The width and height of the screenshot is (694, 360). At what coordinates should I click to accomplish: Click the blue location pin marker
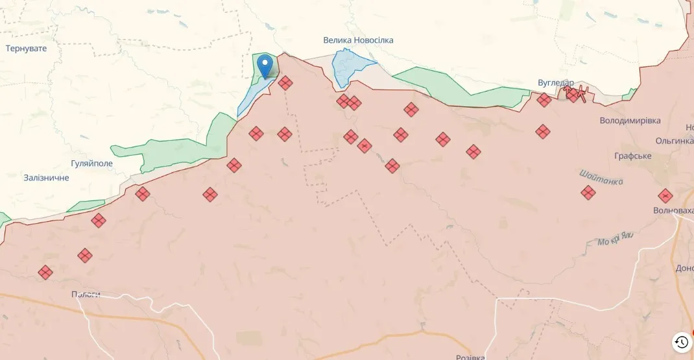click(x=265, y=66)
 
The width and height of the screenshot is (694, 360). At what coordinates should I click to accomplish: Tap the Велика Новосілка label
click(x=358, y=40)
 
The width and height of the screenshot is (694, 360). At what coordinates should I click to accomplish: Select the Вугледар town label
click(x=555, y=83)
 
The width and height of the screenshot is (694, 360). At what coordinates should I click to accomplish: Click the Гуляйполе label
click(x=91, y=163)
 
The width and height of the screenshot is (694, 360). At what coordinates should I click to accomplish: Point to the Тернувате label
click(x=26, y=49)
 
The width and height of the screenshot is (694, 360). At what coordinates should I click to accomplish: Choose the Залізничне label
click(x=46, y=178)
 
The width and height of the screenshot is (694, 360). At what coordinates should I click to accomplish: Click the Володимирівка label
click(x=630, y=121)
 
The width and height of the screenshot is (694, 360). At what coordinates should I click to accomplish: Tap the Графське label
click(x=632, y=156)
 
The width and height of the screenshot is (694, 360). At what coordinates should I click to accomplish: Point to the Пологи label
click(x=86, y=294)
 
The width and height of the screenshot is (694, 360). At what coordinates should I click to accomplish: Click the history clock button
click(x=681, y=342)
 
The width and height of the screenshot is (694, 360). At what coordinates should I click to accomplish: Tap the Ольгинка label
click(x=674, y=141)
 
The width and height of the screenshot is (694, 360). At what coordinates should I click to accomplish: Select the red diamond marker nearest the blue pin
click(x=285, y=82)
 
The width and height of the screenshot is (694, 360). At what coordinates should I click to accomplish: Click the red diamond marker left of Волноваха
click(x=665, y=195)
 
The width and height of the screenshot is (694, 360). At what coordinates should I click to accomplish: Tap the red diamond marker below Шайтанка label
click(x=588, y=193)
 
